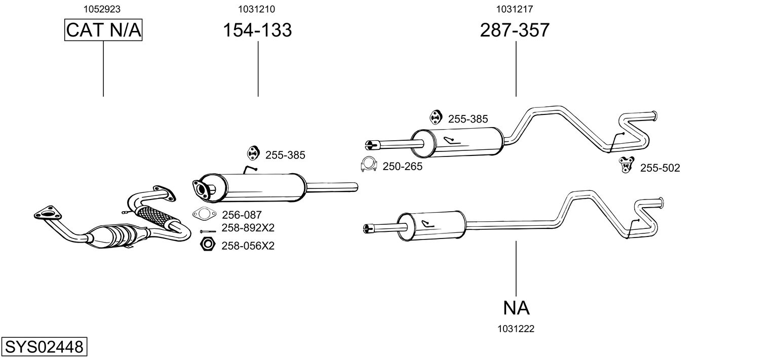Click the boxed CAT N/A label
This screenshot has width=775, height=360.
click(x=103, y=30)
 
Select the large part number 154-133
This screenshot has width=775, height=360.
click(x=258, y=30)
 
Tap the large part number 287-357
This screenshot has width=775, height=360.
click(x=515, y=30)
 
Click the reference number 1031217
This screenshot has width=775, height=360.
click(x=515, y=9)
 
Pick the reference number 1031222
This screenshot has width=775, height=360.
click(x=516, y=329)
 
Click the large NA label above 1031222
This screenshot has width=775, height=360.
click(x=516, y=307)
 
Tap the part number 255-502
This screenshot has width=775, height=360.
click(x=660, y=168)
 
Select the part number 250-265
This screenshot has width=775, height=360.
click(x=402, y=166)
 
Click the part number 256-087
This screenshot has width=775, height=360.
click(x=242, y=215)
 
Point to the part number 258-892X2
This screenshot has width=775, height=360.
click(x=248, y=228)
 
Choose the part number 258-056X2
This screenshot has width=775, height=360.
click(x=248, y=246)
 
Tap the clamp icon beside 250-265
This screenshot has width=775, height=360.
click(x=369, y=166)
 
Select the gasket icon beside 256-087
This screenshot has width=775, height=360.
click(x=204, y=214)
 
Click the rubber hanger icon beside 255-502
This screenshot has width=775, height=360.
click(x=627, y=165)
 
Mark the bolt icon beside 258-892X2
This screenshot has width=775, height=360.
click(x=208, y=231)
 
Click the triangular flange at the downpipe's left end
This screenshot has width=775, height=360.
click(x=45, y=213)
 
